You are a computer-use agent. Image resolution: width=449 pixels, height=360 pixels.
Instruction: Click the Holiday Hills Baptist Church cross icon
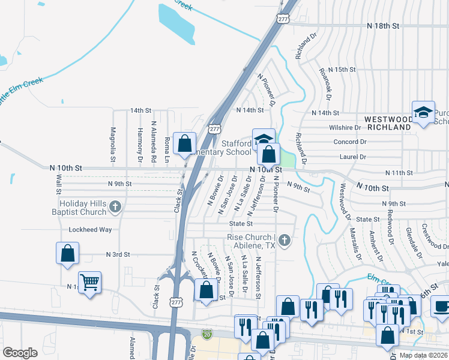[116, 207]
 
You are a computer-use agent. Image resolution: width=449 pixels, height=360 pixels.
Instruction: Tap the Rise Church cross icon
[285, 241]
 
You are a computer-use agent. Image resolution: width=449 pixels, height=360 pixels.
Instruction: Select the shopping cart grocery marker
[89, 281]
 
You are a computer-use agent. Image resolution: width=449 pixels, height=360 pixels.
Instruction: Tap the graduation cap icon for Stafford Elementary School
[264, 139]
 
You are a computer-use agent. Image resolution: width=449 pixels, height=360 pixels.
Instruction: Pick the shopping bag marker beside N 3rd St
[67, 253]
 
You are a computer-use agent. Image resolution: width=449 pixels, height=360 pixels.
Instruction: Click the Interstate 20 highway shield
[207, 333]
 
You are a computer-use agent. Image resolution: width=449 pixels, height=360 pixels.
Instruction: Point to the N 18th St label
[384, 26]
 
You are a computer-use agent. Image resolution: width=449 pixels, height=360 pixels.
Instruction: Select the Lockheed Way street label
[90, 229]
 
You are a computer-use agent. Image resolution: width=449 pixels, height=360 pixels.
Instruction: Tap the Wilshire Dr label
[345, 128]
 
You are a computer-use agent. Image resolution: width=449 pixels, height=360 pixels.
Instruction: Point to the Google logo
[20, 352]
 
